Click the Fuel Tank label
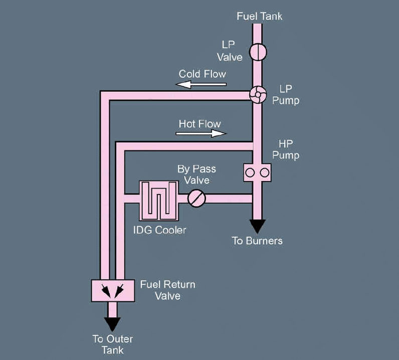(x=259, y=16)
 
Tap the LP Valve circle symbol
(x=258, y=52)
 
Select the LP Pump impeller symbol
(x=258, y=94)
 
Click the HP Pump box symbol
(x=257, y=172)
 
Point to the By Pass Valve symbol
(x=196, y=199)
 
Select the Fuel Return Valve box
(x=112, y=290)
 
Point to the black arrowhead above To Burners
(x=257, y=226)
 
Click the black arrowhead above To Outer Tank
(x=112, y=324)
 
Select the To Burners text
(x=257, y=241)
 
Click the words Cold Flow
(x=203, y=74)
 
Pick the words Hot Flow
(x=199, y=123)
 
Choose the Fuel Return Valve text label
(x=167, y=290)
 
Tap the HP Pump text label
(x=286, y=149)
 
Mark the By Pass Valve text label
(x=196, y=174)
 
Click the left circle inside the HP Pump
(x=251, y=172)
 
